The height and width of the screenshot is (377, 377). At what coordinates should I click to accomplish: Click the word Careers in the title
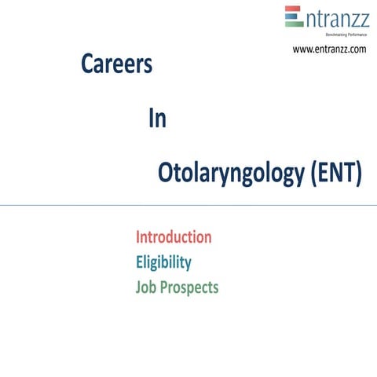[x=116, y=66]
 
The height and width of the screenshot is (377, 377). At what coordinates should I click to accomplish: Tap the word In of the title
[x=156, y=119]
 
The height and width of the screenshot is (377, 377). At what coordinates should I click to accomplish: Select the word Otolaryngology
[x=229, y=174]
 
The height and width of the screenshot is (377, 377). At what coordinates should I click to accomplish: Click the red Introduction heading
[x=174, y=237]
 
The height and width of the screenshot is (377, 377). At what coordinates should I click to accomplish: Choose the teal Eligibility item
[x=163, y=262]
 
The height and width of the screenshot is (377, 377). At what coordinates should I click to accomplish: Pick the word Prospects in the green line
[x=189, y=288]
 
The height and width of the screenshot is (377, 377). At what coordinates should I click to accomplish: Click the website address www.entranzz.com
[x=329, y=49]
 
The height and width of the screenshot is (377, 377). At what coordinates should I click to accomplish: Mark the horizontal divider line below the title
[x=188, y=206]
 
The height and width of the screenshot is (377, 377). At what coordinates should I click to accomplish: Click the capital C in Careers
[x=87, y=66]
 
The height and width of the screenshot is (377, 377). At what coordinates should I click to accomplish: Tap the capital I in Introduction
[x=138, y=237]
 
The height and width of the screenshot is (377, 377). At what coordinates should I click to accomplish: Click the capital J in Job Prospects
[x=139, y=287]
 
